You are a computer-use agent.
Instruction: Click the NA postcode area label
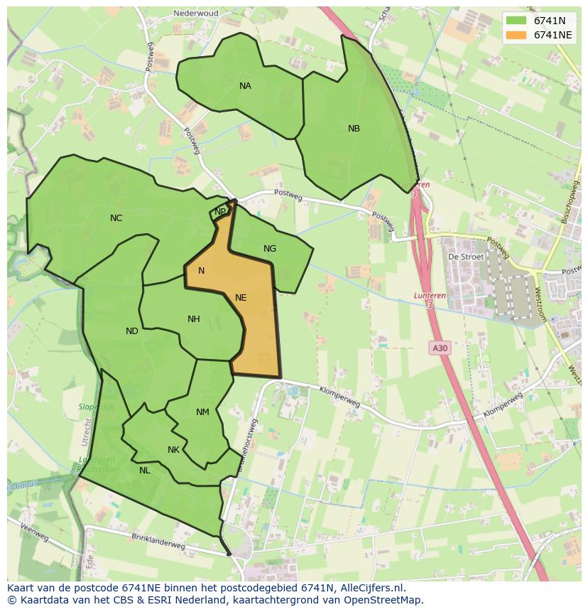click(245, 86)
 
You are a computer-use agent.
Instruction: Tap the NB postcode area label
click(354, 129)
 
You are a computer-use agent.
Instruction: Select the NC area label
click(116, 218)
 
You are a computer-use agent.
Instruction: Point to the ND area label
click(132, 331)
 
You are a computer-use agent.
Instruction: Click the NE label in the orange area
click(241, 298)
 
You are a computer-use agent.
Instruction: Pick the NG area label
click(270, 249)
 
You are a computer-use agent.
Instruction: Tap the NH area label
click(193, 319)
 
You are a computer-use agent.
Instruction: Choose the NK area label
click(173, 450)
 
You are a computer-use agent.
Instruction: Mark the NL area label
click(144, 471)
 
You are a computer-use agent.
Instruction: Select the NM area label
click(202, 412)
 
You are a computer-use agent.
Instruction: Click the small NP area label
click(220, 212)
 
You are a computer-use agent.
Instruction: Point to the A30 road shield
click(440, 348)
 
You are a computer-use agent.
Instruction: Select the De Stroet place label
click(466, 257)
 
